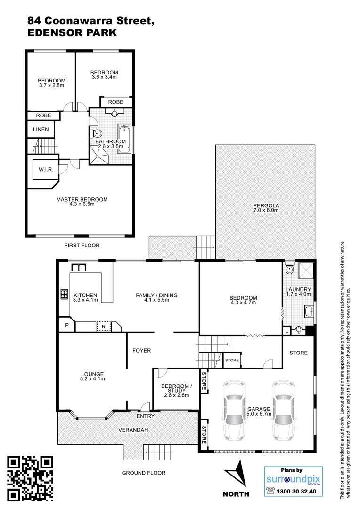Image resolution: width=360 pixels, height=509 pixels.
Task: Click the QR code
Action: click(31, 478)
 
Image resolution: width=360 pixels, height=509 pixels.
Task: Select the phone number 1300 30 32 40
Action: click(299, 491)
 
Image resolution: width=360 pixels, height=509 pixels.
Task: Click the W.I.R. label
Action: click(45, 169)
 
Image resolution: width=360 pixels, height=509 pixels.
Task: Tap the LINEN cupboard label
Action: click(41, 129)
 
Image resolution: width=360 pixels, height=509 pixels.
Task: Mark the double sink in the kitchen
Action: click(79, 268)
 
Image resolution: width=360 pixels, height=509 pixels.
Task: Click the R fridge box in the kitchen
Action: click(103, 326)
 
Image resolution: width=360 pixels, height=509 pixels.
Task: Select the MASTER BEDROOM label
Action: click(82, 200)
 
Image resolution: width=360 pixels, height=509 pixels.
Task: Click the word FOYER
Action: click(141, 350)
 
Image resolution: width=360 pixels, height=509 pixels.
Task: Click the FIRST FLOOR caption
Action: click(82, 246)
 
